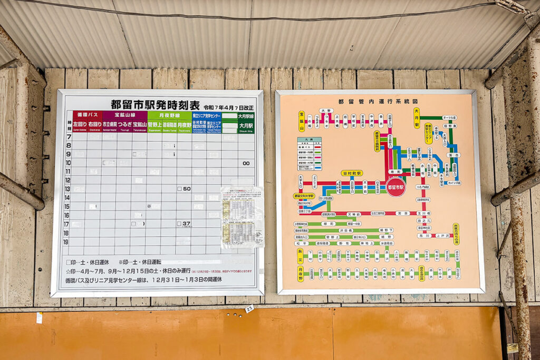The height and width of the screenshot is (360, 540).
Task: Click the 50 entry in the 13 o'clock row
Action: click(x=185, y=188)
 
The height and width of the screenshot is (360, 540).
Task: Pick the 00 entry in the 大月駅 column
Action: click(x=246, y=163)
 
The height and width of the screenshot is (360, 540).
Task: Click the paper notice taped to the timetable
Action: click(x=242, y=216)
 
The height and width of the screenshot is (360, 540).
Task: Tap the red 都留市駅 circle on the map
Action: click(x=396, y=187)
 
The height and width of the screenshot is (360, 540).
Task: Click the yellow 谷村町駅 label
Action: click(x=351, y=173)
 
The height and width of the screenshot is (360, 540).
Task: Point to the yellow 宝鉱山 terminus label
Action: click(x=302, y=121)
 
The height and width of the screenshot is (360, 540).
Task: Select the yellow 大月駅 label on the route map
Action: click(x=417, y=118)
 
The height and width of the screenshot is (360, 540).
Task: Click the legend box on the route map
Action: click(x=310, y=154)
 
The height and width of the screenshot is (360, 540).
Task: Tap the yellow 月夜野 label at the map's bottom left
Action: click(x=300, y=274)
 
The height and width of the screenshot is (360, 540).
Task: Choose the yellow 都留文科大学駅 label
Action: click(x=304, y=196)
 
